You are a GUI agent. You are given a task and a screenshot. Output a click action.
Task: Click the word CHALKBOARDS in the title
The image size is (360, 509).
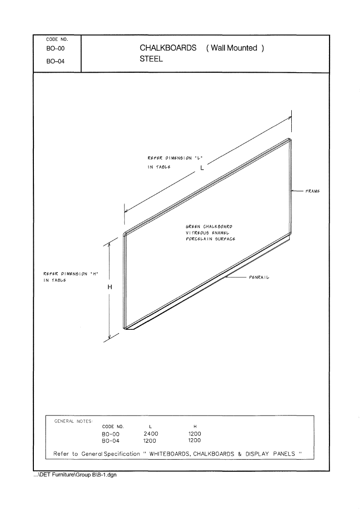168,48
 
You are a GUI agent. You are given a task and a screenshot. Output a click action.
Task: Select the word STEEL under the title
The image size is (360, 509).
151,59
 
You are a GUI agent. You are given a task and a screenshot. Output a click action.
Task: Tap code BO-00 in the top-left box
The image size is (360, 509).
56,49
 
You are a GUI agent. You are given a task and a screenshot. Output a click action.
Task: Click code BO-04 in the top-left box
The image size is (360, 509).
56,62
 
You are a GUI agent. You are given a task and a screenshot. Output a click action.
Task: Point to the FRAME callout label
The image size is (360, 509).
312,191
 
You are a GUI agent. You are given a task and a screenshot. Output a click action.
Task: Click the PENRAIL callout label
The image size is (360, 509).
259,277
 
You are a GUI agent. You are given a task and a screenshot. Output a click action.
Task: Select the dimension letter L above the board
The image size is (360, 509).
202,168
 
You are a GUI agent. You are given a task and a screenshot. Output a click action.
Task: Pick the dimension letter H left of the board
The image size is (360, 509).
110,287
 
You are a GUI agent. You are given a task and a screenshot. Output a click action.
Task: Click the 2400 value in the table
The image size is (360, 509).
151,433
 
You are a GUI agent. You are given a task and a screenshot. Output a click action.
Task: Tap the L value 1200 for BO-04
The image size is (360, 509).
150,441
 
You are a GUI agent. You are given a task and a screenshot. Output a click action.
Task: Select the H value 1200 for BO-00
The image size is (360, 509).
195,433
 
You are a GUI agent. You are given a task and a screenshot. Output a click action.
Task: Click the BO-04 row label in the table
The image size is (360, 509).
111,441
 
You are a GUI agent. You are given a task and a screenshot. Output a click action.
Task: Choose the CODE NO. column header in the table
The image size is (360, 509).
113,427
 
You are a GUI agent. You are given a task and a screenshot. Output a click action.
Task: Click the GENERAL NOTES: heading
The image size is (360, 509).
74,421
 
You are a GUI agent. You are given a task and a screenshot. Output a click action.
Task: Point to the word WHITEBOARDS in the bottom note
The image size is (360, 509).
170,454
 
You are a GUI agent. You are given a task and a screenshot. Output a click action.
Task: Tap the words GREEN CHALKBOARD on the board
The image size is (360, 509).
209,227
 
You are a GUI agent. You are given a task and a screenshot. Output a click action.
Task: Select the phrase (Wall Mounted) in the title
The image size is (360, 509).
235,48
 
